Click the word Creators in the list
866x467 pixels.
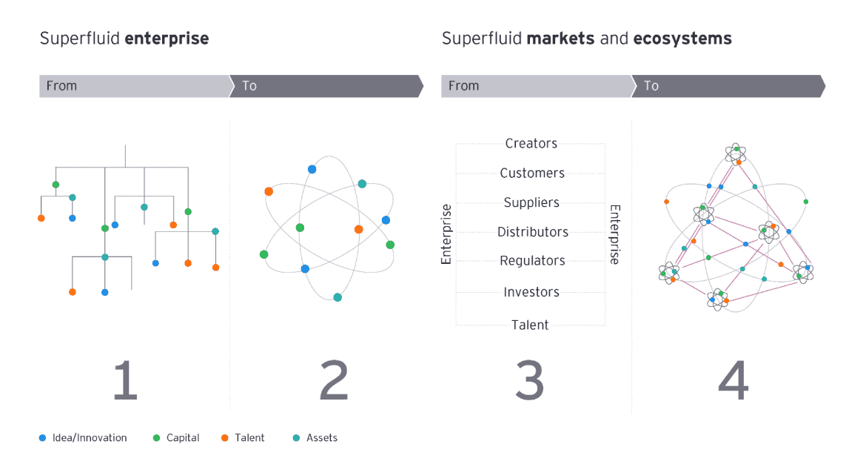(531, 144)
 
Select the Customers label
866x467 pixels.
(532, 173)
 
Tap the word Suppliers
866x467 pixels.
(531, 203)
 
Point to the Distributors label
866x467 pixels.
(532, 232)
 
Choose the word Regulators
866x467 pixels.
(532, 261)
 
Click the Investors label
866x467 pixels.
(531, 292)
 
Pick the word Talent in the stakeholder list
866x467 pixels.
(530, 325)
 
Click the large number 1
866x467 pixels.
(125, 380)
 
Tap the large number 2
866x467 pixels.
(333, 380)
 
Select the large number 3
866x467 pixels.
(530, 380)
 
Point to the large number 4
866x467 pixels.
(733, 380)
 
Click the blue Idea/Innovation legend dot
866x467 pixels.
(42, 438)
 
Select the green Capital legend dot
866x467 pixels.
(156, 438)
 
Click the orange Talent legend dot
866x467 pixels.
(224, 438)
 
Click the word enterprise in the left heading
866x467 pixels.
(167, 39)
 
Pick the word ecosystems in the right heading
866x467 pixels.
(682, 39)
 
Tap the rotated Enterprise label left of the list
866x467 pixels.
(446, 234)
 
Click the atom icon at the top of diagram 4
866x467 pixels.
(736, 153)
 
